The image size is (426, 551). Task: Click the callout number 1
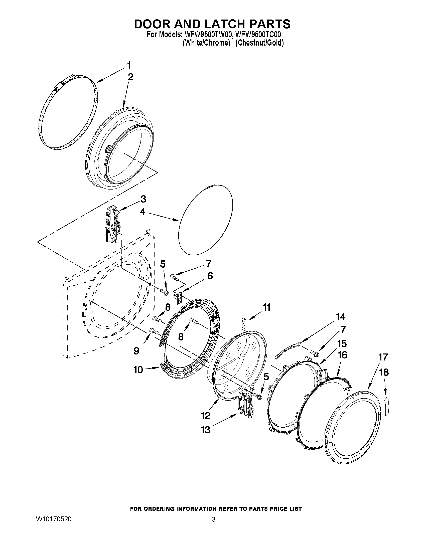point(129,66)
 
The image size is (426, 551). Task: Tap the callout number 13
point(206,430)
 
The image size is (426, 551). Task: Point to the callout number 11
point(266,307)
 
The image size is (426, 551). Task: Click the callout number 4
point(143,212)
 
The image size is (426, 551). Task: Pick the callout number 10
point(138,370)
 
